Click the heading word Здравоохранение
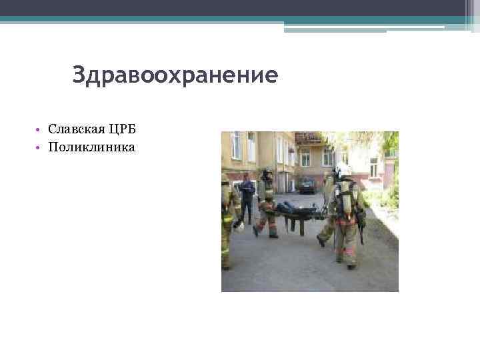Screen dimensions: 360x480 tap(175, 75)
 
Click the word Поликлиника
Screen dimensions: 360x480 tap(91, 146)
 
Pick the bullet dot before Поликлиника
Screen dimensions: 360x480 tap(40, 147)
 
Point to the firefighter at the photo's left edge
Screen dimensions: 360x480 tap(228, 220)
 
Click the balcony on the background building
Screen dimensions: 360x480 tap(307, 139)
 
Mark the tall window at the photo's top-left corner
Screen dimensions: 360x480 tap(235, 145)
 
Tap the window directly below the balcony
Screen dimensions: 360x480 tap(305, 157)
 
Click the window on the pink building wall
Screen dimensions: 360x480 tap(373, 167)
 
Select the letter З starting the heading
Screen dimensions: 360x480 tap(79, 75)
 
